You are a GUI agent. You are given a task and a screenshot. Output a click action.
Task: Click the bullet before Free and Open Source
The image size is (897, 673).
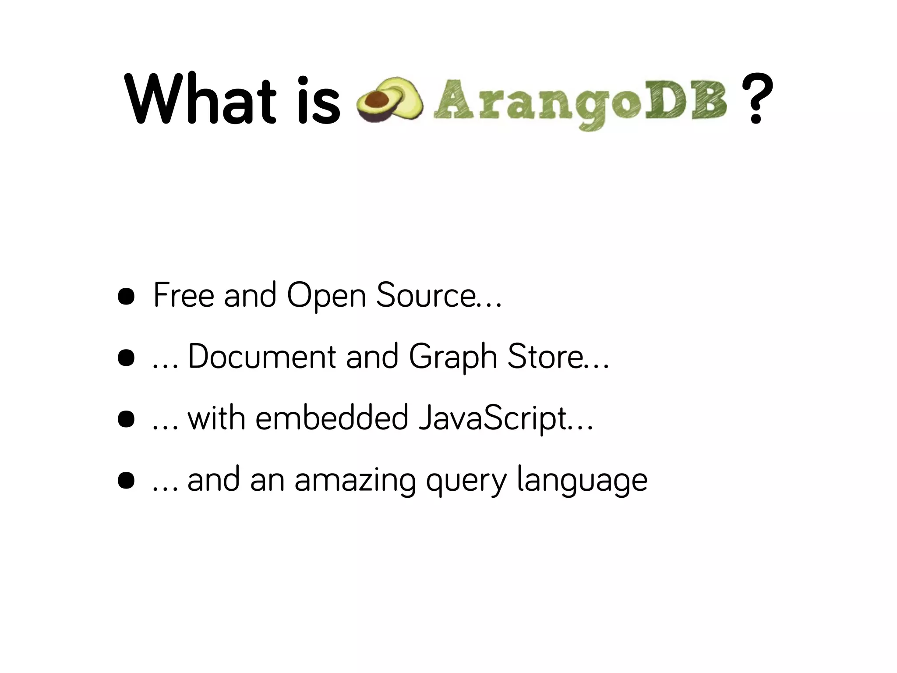coord(126,297)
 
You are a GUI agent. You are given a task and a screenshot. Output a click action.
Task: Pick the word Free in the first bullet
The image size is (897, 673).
coord(184,295)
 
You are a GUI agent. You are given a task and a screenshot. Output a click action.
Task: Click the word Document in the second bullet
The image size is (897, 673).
coord(262,356)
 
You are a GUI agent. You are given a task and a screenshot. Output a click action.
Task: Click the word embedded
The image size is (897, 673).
coord(332,418)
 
